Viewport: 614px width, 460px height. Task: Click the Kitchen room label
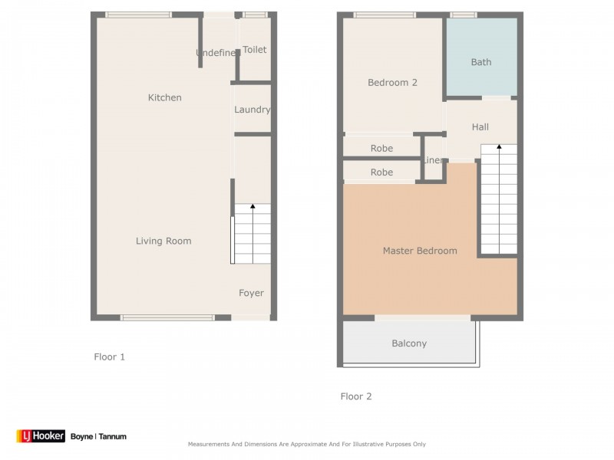[x=165, y=97]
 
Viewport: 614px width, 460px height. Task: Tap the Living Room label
[x=163, y=241]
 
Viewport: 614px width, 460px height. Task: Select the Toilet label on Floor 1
[x=255, y=50]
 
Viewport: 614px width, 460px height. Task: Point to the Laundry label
[x=253, y=110]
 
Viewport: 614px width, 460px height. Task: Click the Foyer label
[x=251, y=293]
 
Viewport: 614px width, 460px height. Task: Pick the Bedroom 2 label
[x=392, y=82]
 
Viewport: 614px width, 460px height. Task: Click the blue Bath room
[x=481, y=62]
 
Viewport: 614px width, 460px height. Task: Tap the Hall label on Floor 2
[x=480, y=127]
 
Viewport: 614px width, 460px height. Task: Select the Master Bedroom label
[x=420, y=251]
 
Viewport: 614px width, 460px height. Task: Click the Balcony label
[x=409, y=343]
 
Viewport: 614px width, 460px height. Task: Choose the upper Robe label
[x=381, y=149]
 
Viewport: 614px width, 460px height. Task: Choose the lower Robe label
[x=381, y=172]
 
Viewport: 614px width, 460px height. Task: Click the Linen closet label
[x=433, y=160]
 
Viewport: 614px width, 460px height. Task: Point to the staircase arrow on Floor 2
[x=499, y=147]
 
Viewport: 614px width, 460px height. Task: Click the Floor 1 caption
[x=109, y=356]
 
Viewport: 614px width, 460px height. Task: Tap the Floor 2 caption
[x=356, y=396]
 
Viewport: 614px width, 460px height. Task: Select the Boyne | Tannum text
[x=98, y=436]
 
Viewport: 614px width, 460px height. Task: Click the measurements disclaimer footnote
[x=307, y=444]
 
